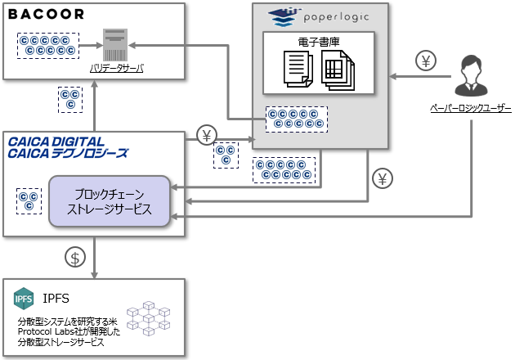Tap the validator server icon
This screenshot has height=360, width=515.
point(115,45)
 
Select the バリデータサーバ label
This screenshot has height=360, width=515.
point(116,69)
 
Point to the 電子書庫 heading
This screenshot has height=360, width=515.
point(318,40)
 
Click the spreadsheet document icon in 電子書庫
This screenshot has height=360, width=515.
point(338,68)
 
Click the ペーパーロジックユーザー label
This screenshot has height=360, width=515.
point(471,108)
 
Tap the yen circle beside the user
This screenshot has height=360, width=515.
point(427,61)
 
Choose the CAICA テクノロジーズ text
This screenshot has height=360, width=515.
point(69,153)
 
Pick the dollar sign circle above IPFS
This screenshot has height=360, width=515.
point(75,257)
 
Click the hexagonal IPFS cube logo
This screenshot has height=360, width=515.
point(25,297)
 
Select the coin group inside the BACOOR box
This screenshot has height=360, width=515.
point(47,46)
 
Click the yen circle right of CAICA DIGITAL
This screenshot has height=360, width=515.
point(208,135)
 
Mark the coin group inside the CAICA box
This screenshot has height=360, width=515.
point(29,200)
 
